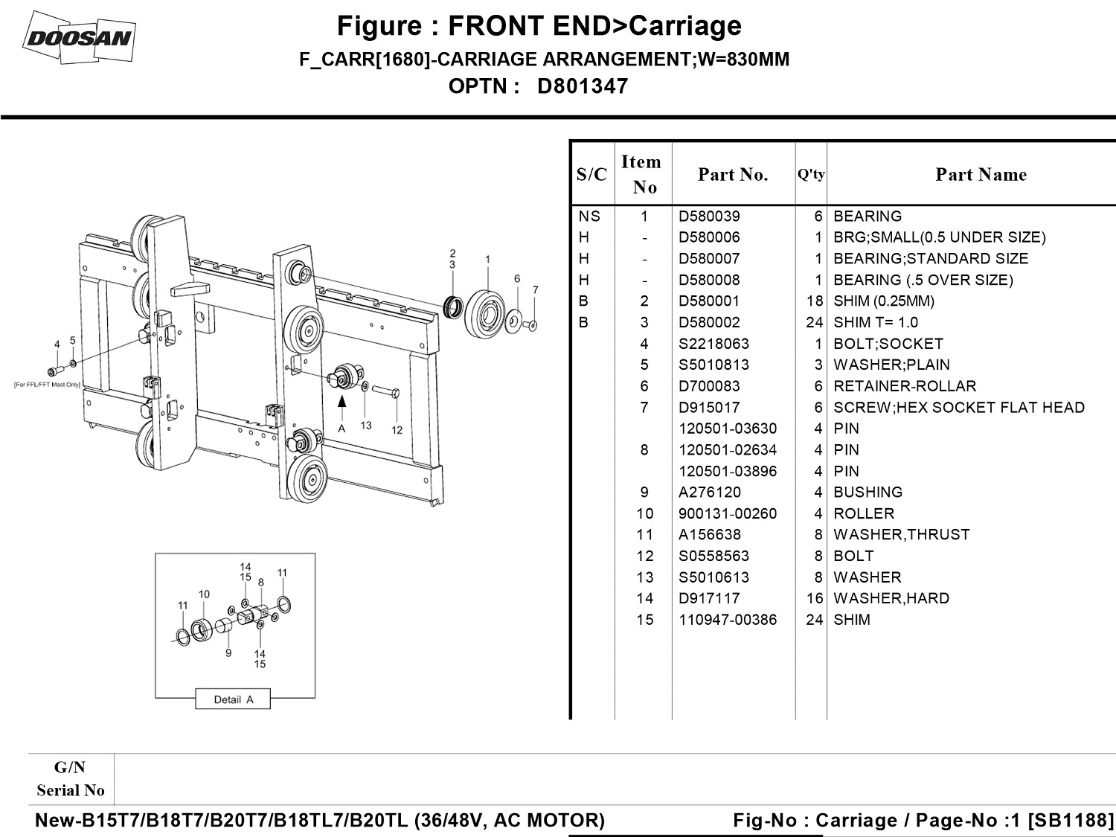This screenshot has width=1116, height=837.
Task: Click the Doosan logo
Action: (79, 37)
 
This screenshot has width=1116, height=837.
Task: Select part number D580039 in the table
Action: (708, 217)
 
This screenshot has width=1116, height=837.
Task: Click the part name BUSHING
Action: (868, 493)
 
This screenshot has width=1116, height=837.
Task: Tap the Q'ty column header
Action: (811, 174)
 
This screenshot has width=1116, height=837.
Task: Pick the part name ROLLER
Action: (864, 513)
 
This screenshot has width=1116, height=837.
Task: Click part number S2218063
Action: (713, 344)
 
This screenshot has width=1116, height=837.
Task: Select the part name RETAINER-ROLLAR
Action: (904, 386)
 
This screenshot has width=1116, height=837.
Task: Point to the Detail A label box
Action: (233, 699)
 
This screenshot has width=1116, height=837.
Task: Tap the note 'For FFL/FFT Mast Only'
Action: (47, 385)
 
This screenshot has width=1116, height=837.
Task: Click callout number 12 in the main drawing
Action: (397, 429)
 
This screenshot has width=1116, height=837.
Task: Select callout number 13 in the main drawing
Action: (366, 426)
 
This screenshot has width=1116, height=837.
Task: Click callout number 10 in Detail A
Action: (204, 594)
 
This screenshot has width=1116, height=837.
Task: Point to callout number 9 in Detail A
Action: (228, 652)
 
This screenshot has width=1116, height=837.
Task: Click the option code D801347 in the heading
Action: (582, 86)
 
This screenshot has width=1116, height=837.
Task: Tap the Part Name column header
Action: (981, 174)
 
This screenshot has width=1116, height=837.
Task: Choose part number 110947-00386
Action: (727, 620)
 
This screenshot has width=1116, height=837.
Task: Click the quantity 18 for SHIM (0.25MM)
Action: (814, 301)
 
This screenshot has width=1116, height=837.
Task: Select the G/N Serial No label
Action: (71, 779)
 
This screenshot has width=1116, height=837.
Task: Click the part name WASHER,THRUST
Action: (901, 535)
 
